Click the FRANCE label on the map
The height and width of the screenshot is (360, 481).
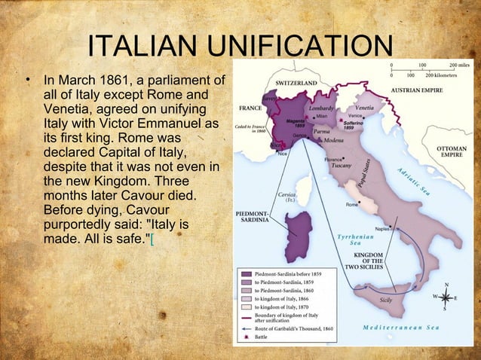(250, 107)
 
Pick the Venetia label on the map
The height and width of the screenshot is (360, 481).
(364, 108)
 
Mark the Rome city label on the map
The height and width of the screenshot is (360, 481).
(351, 205)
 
